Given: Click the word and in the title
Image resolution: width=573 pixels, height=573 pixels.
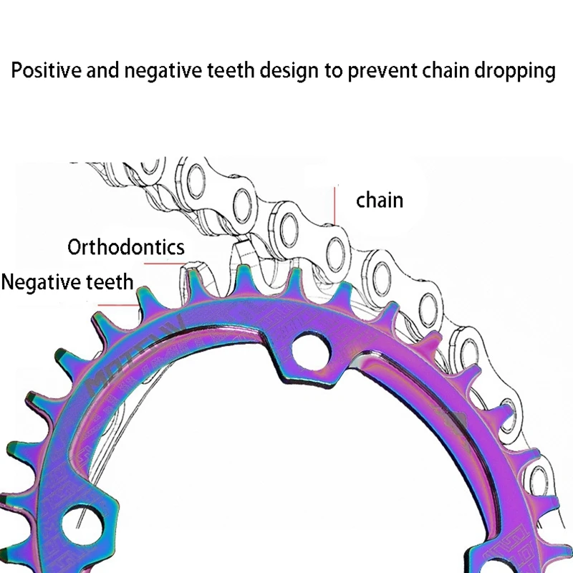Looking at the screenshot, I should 105,71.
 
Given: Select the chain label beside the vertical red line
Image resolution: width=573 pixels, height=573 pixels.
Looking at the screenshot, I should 380,200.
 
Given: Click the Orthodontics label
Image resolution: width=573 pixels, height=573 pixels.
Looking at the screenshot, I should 126,248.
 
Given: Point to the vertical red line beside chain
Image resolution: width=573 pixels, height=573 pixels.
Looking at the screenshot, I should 334,203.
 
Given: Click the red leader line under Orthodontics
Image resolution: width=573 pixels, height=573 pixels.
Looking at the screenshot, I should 172,263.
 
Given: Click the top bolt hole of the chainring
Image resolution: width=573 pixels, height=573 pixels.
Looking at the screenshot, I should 310,347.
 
